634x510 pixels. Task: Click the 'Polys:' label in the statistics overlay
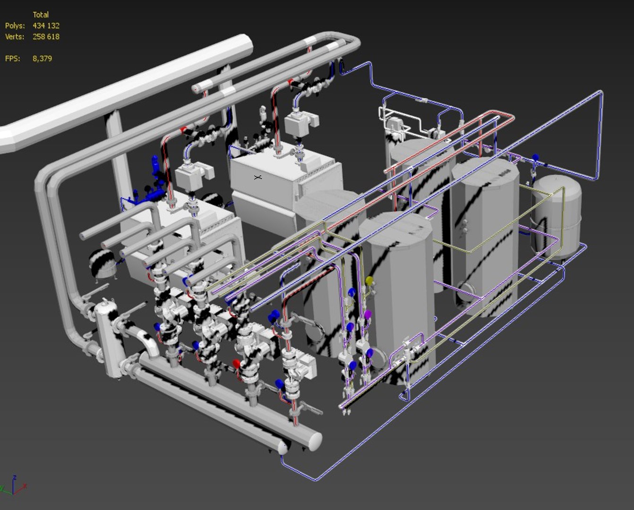point(15,26)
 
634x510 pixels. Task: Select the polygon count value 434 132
point(46,26)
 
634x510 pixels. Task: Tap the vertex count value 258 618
point(46,37)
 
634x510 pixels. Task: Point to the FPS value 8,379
point(42,59)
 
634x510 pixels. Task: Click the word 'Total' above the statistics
point(41,15)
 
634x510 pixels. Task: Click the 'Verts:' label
point(15,37)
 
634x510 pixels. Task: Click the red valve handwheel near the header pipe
point(236,364)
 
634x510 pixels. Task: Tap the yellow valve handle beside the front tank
point(369,281)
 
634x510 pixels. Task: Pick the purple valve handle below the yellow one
point(368,314)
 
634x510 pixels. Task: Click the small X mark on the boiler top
point(257,178)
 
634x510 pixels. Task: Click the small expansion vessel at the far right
point(556,217)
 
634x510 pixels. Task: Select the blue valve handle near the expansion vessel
point(535,158)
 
